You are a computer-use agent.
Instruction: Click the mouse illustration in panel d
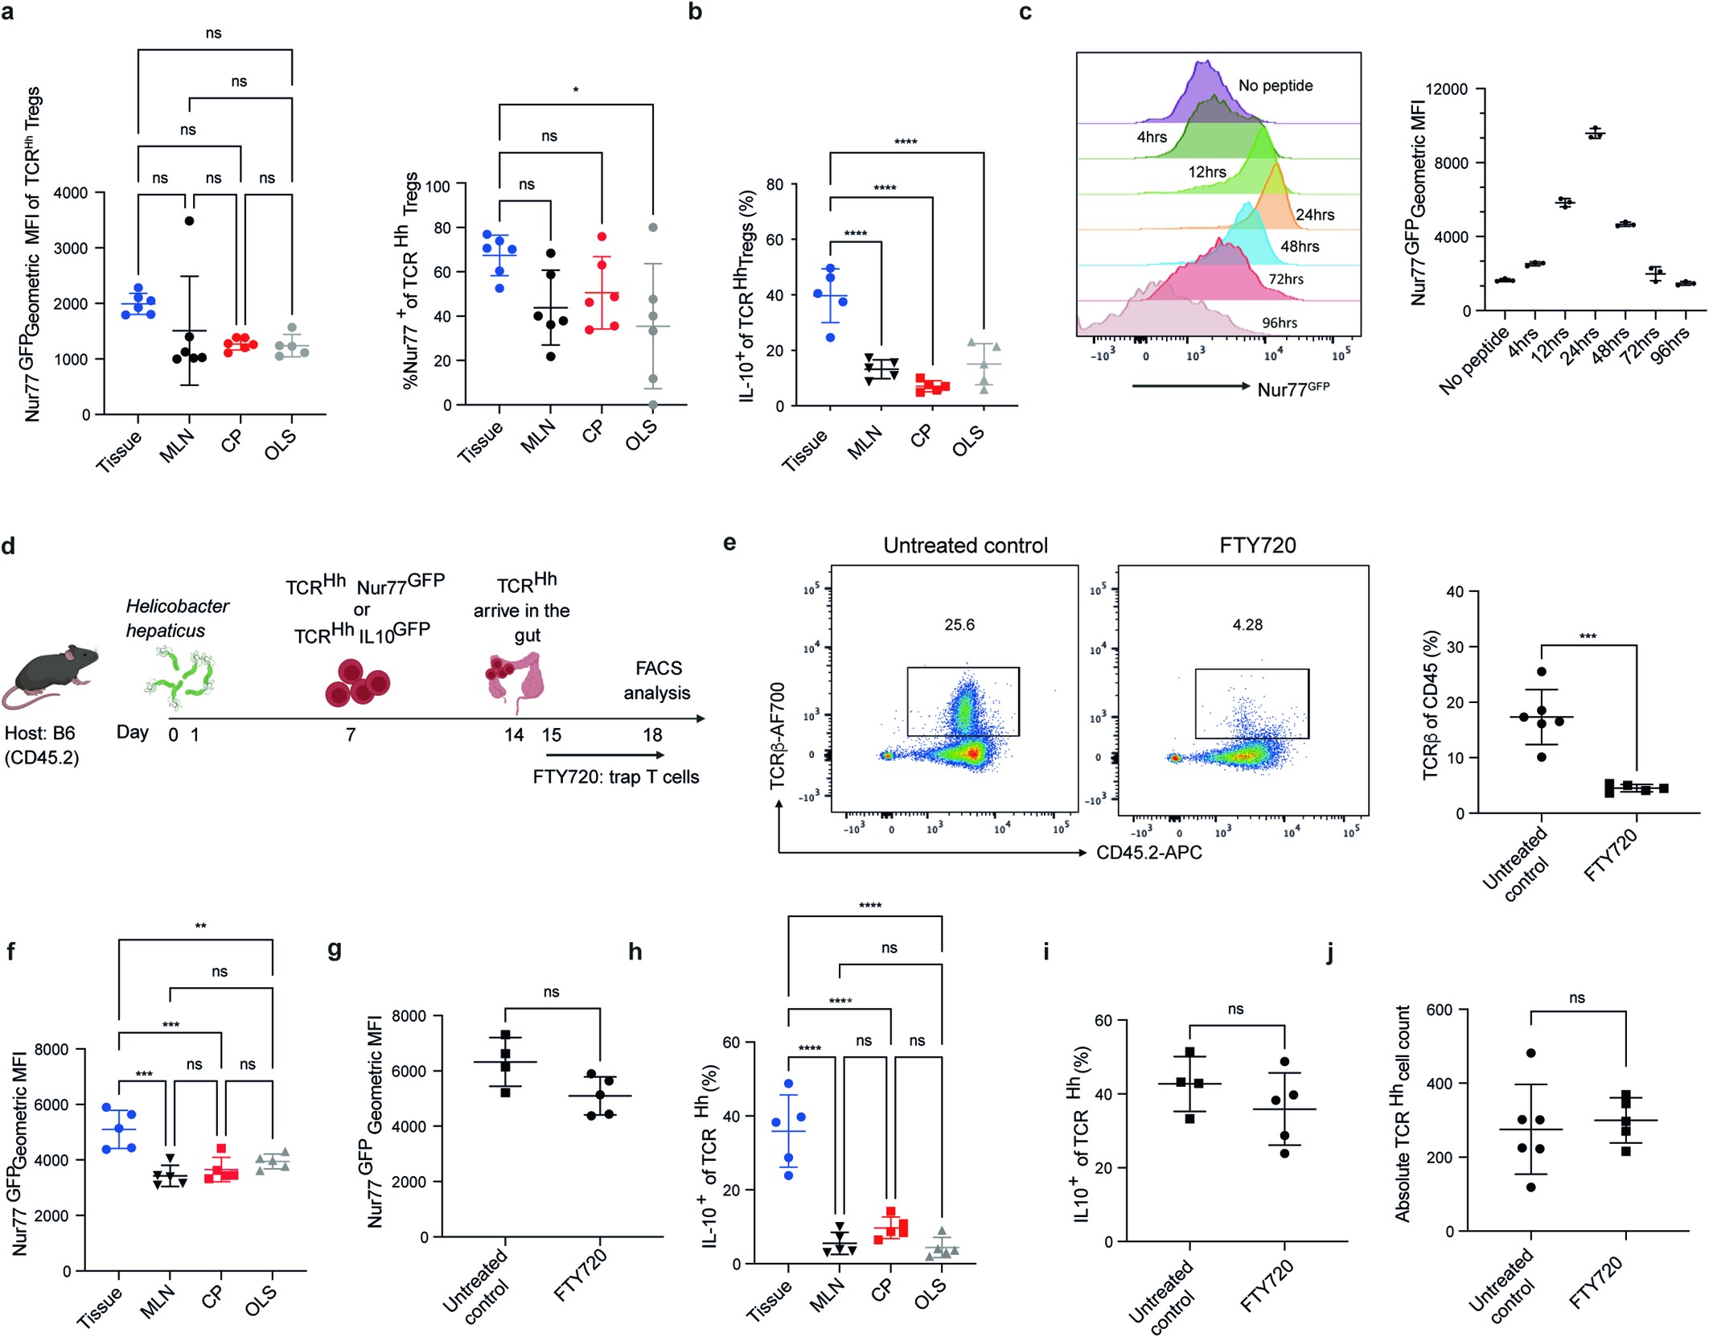tap(50, 676)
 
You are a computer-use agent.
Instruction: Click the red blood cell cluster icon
tap(357, 684)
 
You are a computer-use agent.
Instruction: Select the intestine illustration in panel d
tap(515, 681)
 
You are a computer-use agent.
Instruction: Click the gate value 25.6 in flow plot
tap(959, 625)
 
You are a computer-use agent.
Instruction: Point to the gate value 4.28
tap(1247, 625)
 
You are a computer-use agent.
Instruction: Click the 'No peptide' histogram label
tap(1276, 86)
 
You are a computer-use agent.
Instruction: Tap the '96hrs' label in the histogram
tap(1279, 323)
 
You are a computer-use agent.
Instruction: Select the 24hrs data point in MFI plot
tap(1595, 134)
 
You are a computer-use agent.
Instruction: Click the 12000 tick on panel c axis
tap(1445, 89)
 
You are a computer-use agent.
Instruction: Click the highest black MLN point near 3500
tap(189, 220)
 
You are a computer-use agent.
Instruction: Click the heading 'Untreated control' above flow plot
tap(965, 546)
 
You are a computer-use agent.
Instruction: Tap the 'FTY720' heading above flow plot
tap(1257, 546)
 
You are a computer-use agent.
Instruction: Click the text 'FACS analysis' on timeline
tap(658, 681)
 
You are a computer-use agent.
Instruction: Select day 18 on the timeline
tap(652, 735)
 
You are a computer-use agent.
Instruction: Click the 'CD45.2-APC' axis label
tap(1148, 853)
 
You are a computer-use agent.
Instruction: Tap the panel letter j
tap(1330, 952)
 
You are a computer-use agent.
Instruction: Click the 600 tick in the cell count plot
tap(1439, 1010)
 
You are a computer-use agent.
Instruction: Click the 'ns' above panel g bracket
tap(551, 992)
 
